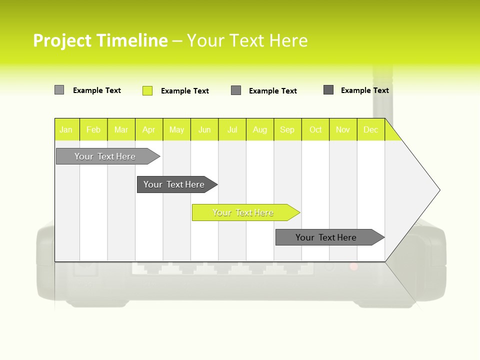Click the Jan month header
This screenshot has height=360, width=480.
66,129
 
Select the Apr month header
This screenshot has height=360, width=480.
148,129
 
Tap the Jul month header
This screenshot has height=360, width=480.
232,129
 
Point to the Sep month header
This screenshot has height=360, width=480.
287,129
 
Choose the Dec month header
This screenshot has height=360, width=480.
370,129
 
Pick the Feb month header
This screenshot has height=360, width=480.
93,129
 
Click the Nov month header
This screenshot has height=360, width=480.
342,129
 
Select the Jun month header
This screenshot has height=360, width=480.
204,129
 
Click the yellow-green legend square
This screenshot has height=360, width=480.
147,90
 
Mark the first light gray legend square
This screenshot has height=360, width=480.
59,90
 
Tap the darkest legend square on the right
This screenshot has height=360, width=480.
328,90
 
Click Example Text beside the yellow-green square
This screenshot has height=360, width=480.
184,91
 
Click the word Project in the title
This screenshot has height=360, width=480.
61,40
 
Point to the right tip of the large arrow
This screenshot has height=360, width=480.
439,190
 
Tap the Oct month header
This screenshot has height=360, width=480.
315,129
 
